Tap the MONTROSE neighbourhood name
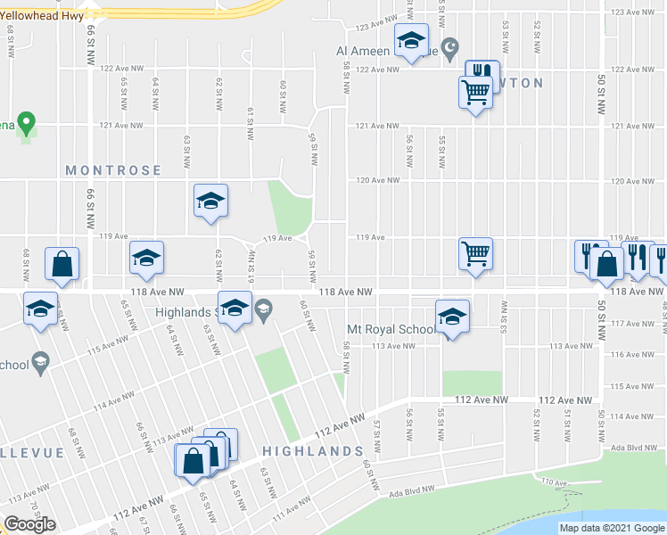click(113, 170)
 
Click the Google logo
click(29, 524)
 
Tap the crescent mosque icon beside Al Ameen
click(450, 46)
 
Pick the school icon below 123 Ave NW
click(411, 40)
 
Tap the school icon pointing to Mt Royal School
click(452, 317)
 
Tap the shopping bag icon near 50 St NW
click(606, 265)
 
